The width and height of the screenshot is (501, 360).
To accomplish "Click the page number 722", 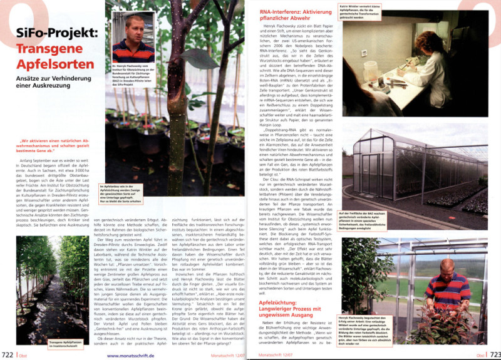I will click(x=8, y=355).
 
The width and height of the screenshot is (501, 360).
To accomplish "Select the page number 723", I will click(x=493, y=355).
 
